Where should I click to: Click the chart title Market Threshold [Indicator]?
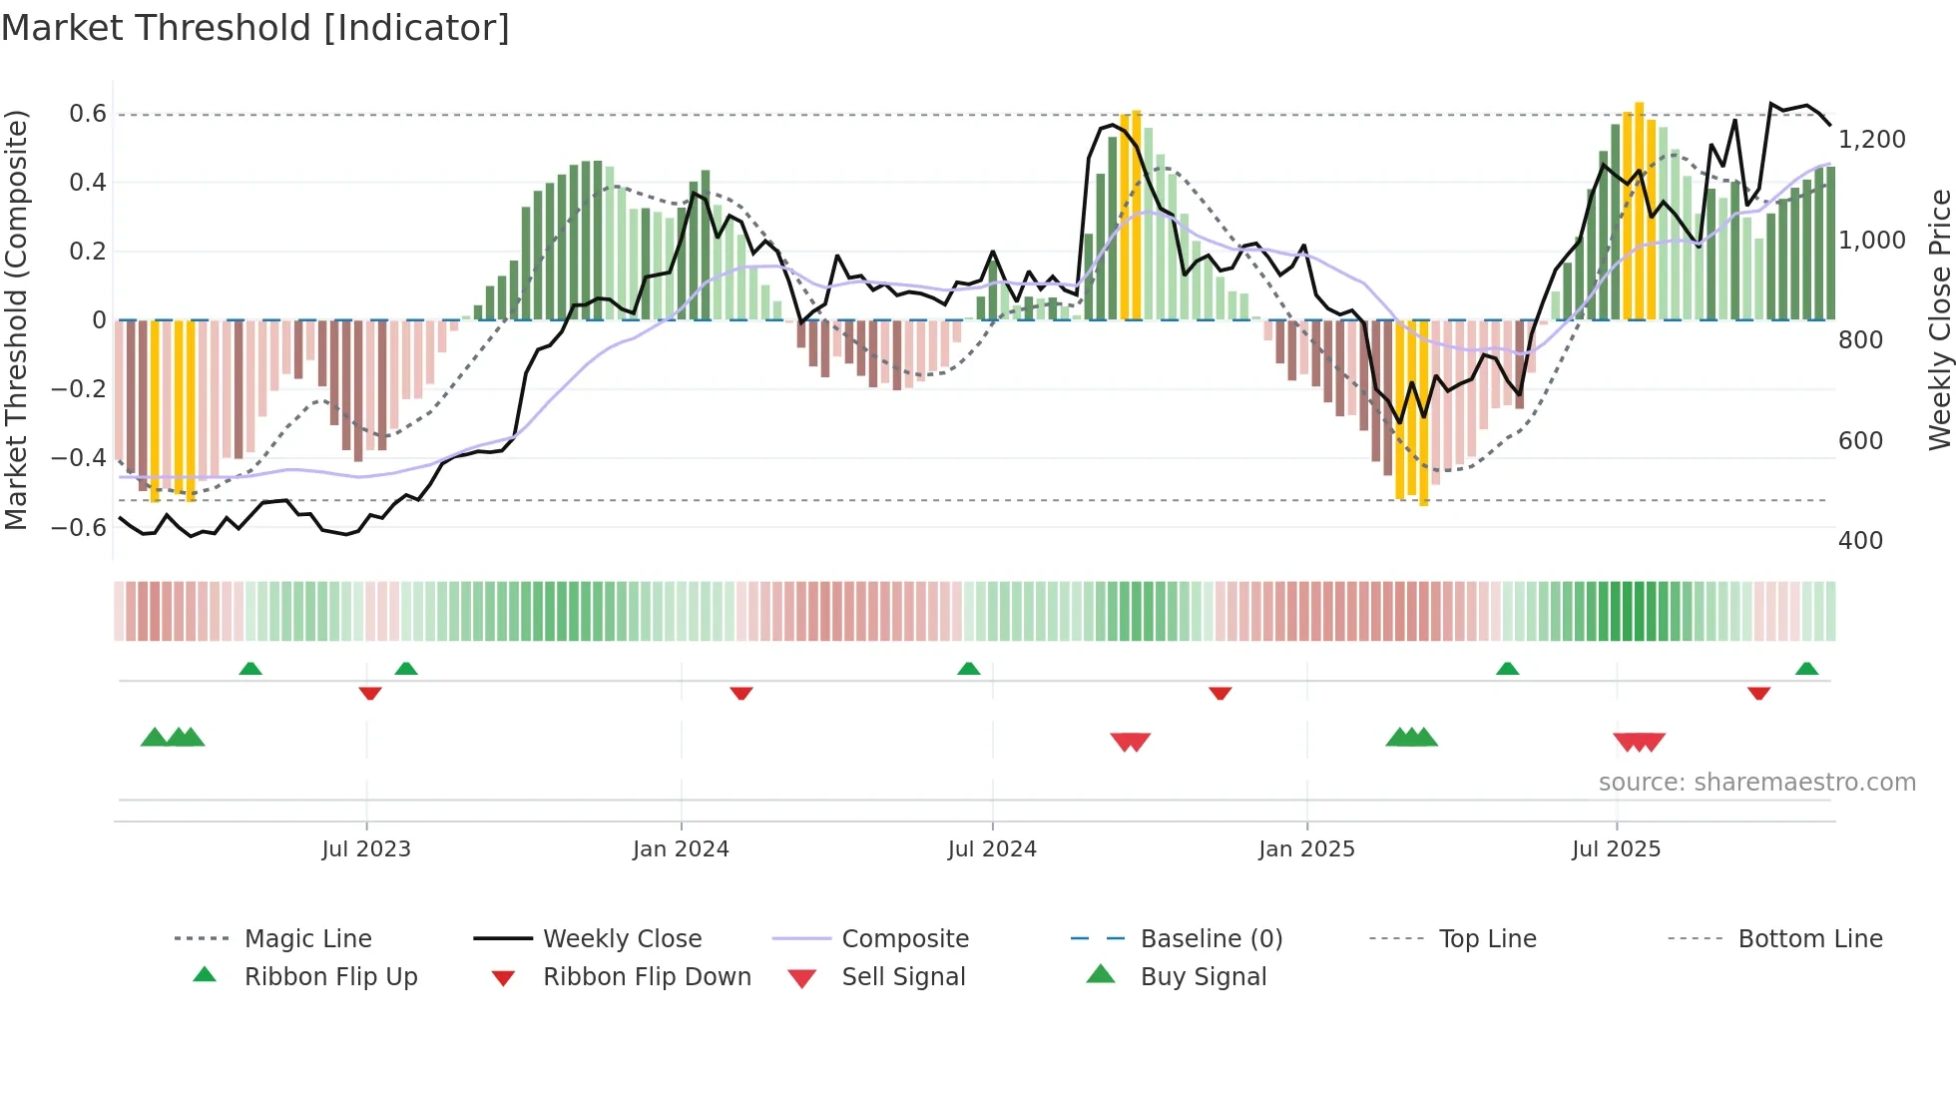click(x=255, y=28)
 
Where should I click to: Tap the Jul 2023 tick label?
click(x=366, y=849)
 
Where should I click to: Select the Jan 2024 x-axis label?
click(x=681, y=849)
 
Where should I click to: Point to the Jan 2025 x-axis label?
click(x=1306, y=849)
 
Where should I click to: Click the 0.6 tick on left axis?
click(x=88, y=114)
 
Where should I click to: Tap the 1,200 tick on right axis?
click(x=1871, y=140)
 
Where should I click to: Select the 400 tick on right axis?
click(x=1860, y=541)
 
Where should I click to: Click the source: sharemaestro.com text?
click(x=1756, y=783)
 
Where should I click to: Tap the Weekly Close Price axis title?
click(x=1939, y=319)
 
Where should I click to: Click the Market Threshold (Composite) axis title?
click(x=16, y=319)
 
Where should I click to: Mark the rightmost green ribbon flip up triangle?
click(x=1806, y=669)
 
